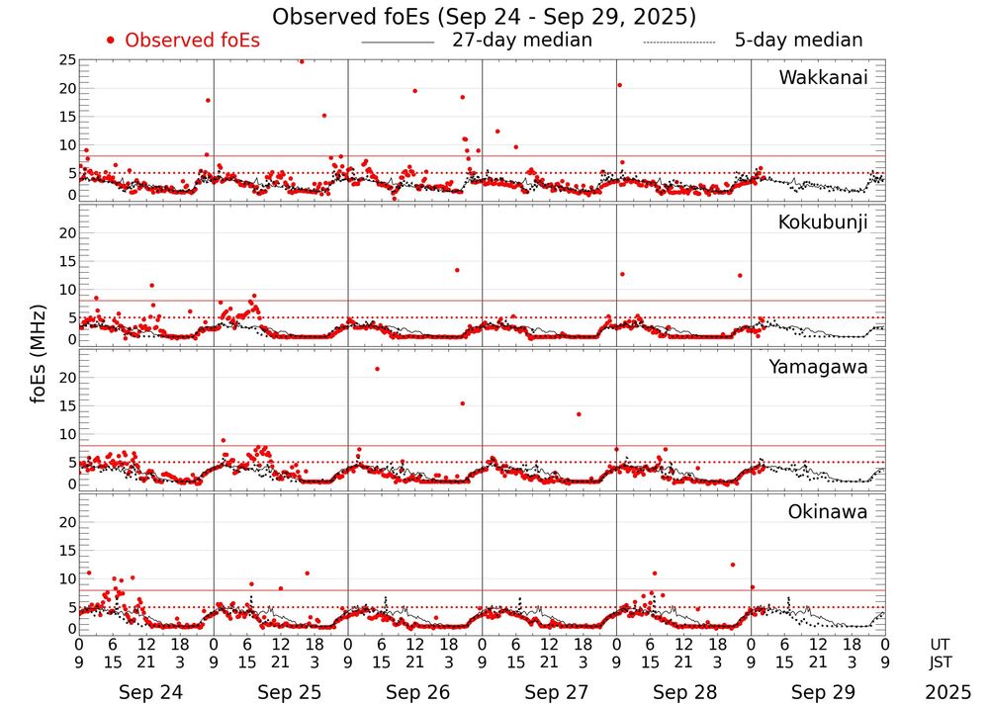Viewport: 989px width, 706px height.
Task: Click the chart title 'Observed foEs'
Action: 484,17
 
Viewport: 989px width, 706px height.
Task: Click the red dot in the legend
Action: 111,41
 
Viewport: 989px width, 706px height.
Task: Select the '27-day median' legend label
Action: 522,41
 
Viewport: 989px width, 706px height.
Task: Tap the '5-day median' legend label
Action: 798,41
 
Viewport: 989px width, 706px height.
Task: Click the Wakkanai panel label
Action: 823,78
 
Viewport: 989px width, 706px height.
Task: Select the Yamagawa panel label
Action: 819,367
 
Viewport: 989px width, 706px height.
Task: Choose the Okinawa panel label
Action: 827,511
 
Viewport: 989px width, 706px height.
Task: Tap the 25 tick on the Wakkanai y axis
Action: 67,60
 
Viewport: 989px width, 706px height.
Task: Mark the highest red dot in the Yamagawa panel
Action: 377,369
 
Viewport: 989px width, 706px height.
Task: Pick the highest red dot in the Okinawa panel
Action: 733,565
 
